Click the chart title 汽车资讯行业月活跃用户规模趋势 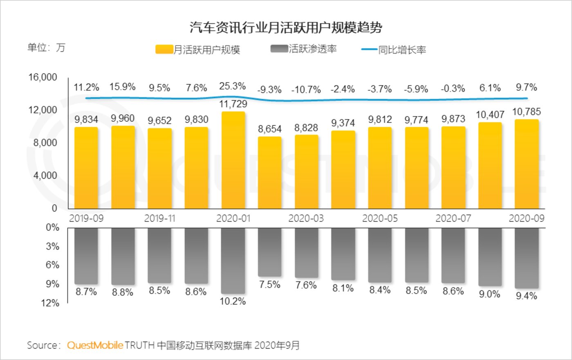coord(286,27)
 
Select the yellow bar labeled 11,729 coord(233,160)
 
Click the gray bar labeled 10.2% coord(233,260)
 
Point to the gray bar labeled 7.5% coord(269,252)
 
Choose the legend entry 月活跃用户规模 coord(198,50)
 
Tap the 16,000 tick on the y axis coord(43,77)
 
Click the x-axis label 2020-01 coord(233,218)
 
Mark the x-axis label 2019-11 coord(159,218)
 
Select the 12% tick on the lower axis coord(50,303)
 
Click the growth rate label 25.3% coord(232,86)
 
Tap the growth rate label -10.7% coord(306,90)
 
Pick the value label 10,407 coord(490,115)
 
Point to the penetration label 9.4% coord(526,296)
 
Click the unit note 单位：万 coord(46,47)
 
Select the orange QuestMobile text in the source coord(95,345)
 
